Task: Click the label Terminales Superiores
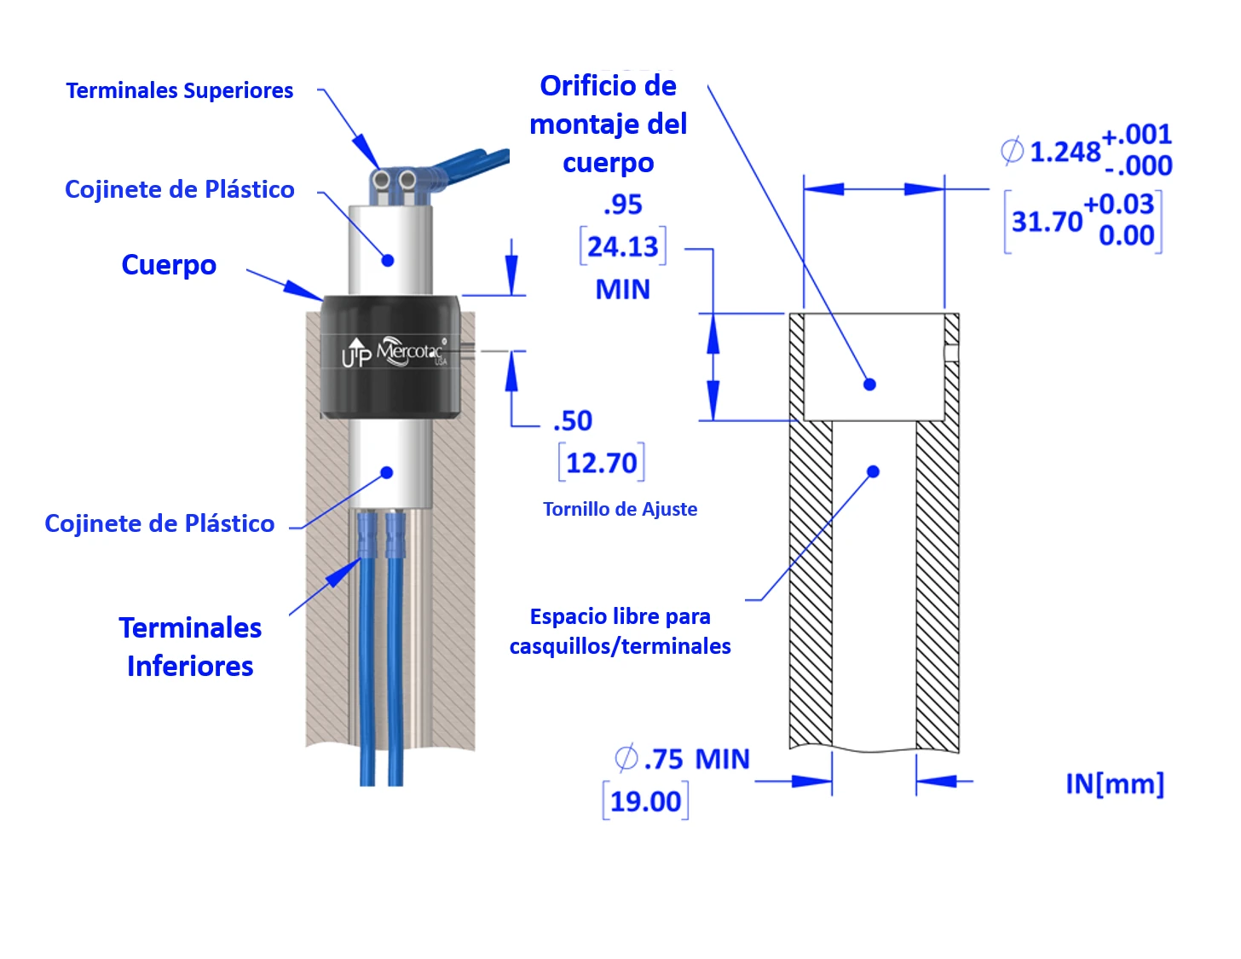179,90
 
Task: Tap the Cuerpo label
169,265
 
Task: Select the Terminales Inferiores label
190,647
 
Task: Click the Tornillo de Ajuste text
620,509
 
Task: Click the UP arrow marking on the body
356,352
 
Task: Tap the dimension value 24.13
622,246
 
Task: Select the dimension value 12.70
602,463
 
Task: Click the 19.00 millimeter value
645,802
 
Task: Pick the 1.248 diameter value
1065,152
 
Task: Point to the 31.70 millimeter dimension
1047,222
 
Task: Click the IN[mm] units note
1115,783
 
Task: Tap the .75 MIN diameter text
682,759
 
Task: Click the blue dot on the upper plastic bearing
388,261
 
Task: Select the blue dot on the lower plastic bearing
387,472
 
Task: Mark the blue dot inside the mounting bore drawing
869,384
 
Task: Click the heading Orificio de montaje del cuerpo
609,124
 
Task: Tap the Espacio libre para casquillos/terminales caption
620,631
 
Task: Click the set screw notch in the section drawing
951,353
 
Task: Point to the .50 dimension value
573,421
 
